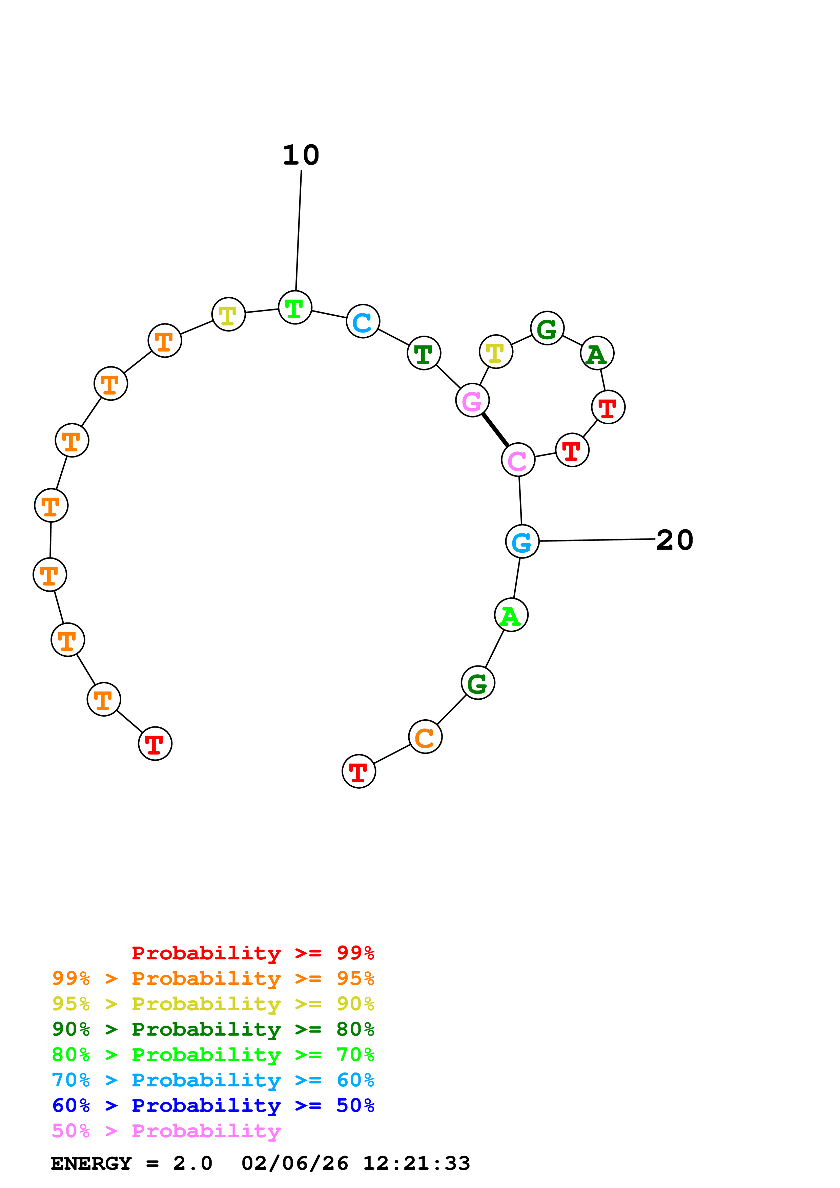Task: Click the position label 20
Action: tap(674, 540)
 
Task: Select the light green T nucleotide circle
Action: tap(295, 307)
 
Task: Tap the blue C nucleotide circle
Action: tap(363, 321)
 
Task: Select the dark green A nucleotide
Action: tap(597, 354)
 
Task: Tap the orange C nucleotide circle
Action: tap(425, 737)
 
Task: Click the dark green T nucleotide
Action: tap(423, 354)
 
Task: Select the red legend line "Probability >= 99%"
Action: tap(252, 953)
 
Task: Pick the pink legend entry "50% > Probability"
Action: tap(166, 1131)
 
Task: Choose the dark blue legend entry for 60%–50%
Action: tap(213, 1106)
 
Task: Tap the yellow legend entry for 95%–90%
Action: tap(213, 1004)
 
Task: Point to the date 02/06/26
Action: tap(294, 1164)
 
